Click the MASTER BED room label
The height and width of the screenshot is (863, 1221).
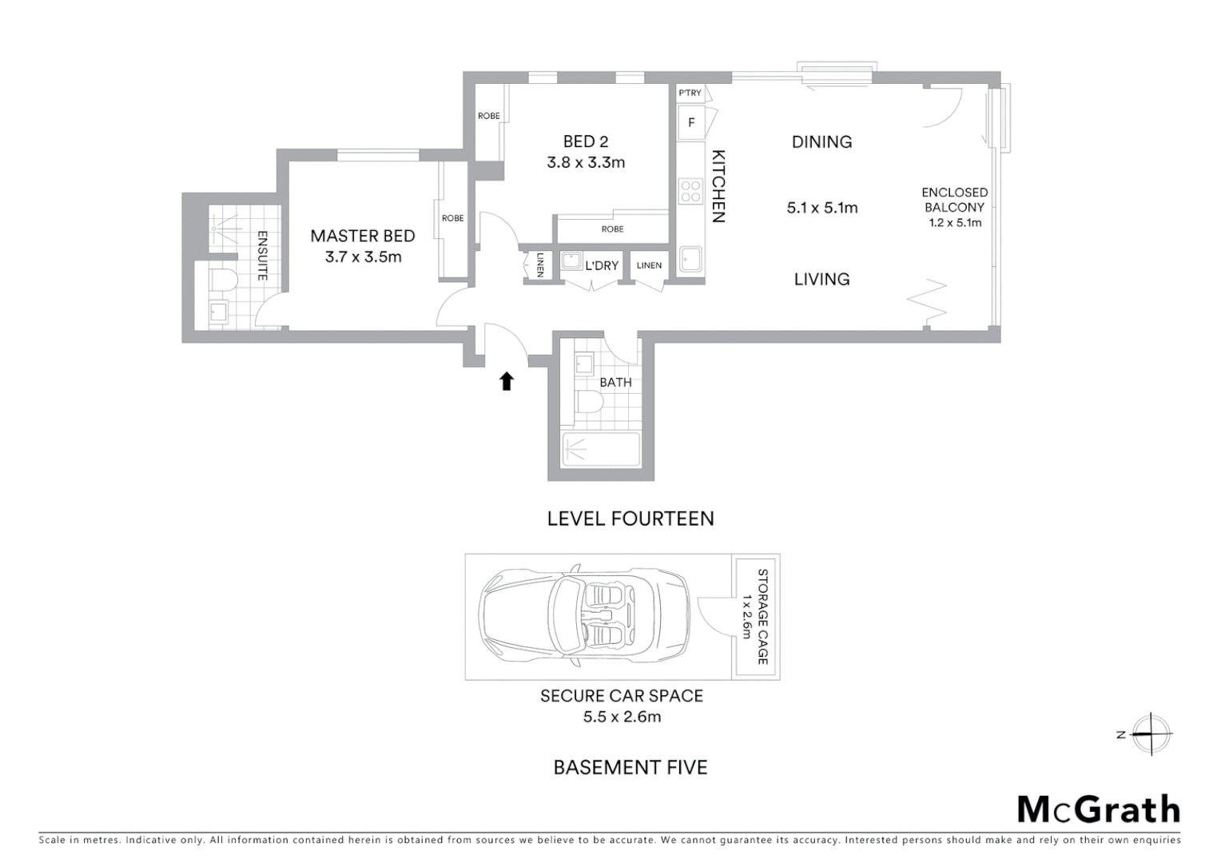click(362, 236)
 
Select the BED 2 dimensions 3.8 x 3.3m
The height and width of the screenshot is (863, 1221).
click(585, 162)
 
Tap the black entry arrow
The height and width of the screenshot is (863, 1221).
click(506, 381)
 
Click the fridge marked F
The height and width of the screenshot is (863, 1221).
click(691, 123)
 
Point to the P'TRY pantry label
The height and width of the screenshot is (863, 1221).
click(690, 93)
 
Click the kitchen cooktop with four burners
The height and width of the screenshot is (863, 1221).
click(690, 192)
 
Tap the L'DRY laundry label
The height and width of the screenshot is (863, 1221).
click(602, 265)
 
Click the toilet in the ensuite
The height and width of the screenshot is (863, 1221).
click(222, 280)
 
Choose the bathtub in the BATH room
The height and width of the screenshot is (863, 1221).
click(601, 450)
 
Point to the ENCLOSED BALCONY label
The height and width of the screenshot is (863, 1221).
click(954, 200)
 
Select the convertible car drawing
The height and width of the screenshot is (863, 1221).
click(584, 616)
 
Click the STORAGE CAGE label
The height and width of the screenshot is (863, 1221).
click(762, 616)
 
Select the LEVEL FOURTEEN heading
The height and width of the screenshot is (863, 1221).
click(630, 519)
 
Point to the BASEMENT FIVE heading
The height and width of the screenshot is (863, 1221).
click(630, 768)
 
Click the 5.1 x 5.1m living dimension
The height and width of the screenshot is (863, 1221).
click(822, 208)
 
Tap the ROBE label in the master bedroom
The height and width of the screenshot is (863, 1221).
click(452, 218)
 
